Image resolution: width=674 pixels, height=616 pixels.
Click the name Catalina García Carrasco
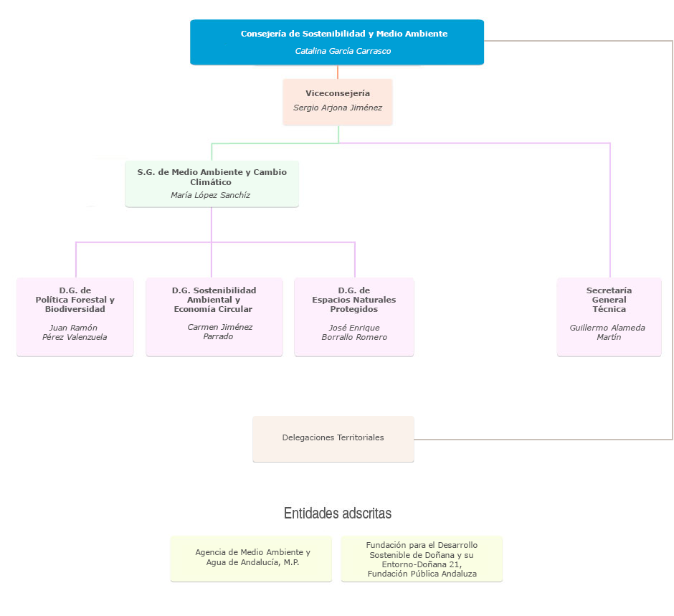tap(343, 51)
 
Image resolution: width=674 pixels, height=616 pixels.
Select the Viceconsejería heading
tap(338, 93)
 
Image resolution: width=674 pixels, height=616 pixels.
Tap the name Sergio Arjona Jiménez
tap(338, 108)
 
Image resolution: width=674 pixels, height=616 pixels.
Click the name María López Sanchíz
tap(211, 195)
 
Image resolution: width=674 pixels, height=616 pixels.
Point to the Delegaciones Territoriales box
tap(333, 438)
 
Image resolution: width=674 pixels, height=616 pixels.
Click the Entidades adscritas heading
tap(338, 513)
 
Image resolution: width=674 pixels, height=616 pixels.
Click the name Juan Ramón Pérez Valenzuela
tap(74, 332)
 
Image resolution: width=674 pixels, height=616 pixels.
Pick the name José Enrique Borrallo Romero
tap(354, 332)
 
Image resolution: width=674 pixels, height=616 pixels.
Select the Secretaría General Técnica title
tap(609, 300)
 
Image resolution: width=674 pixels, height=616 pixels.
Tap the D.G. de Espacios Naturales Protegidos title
tap(354, 300)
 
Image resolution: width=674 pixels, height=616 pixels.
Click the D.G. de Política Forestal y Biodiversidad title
tap(75, 300)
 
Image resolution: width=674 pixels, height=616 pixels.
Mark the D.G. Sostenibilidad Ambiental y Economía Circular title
tap(214, 300)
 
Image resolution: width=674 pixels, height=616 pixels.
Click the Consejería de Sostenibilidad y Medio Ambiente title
tap(343, 34)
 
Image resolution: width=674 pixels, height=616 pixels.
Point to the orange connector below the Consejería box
tap(338, 72)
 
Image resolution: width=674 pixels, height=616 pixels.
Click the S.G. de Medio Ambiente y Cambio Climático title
tap(212, 176)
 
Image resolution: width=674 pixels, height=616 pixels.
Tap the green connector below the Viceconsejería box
tap(338, 134)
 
